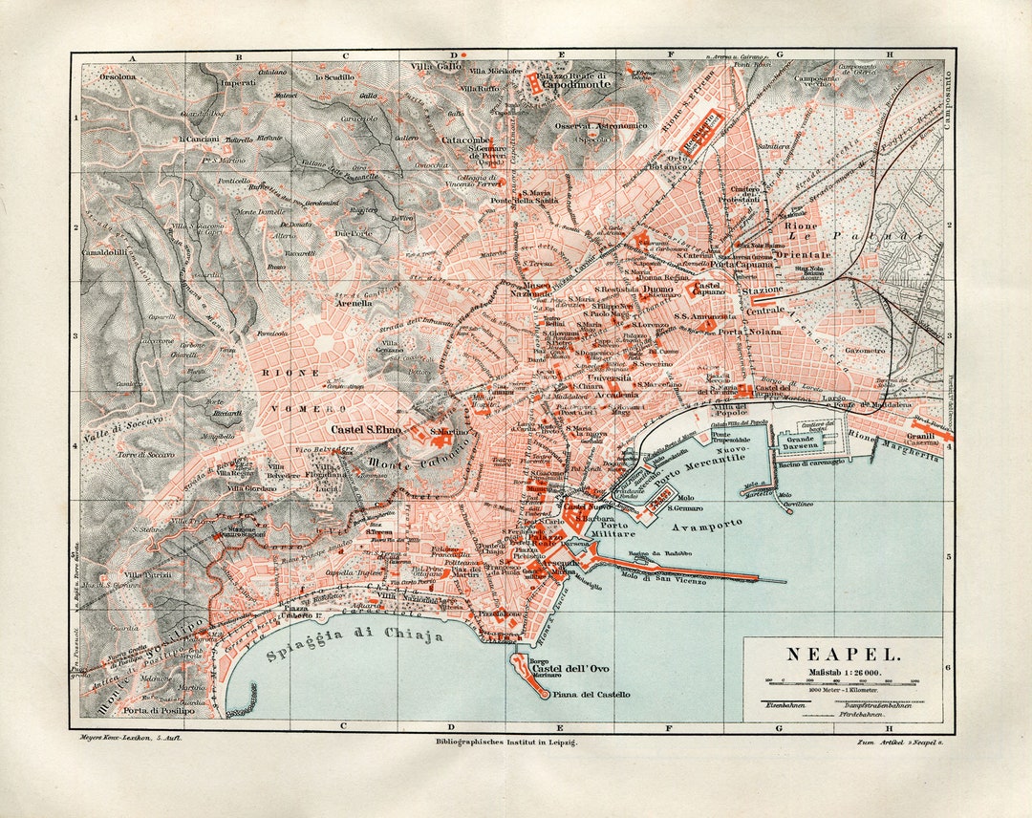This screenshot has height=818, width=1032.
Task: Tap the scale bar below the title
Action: click(843, 681)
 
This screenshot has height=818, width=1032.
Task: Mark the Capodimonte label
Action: click(570, 83)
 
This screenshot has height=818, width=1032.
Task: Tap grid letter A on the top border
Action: click(133, 57)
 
